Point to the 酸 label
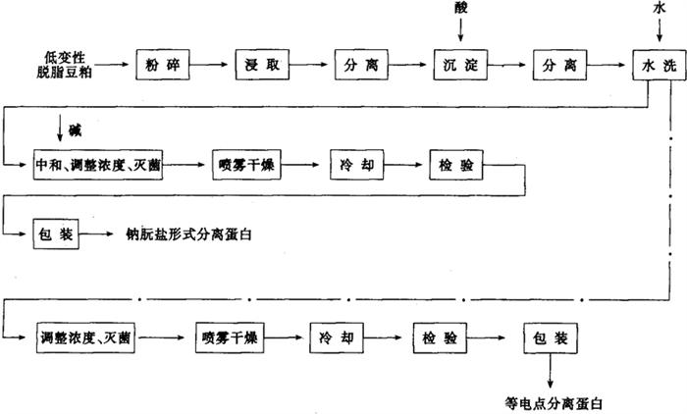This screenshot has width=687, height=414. [x=460, y=8]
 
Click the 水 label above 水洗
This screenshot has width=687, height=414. [x=656, y=8]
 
